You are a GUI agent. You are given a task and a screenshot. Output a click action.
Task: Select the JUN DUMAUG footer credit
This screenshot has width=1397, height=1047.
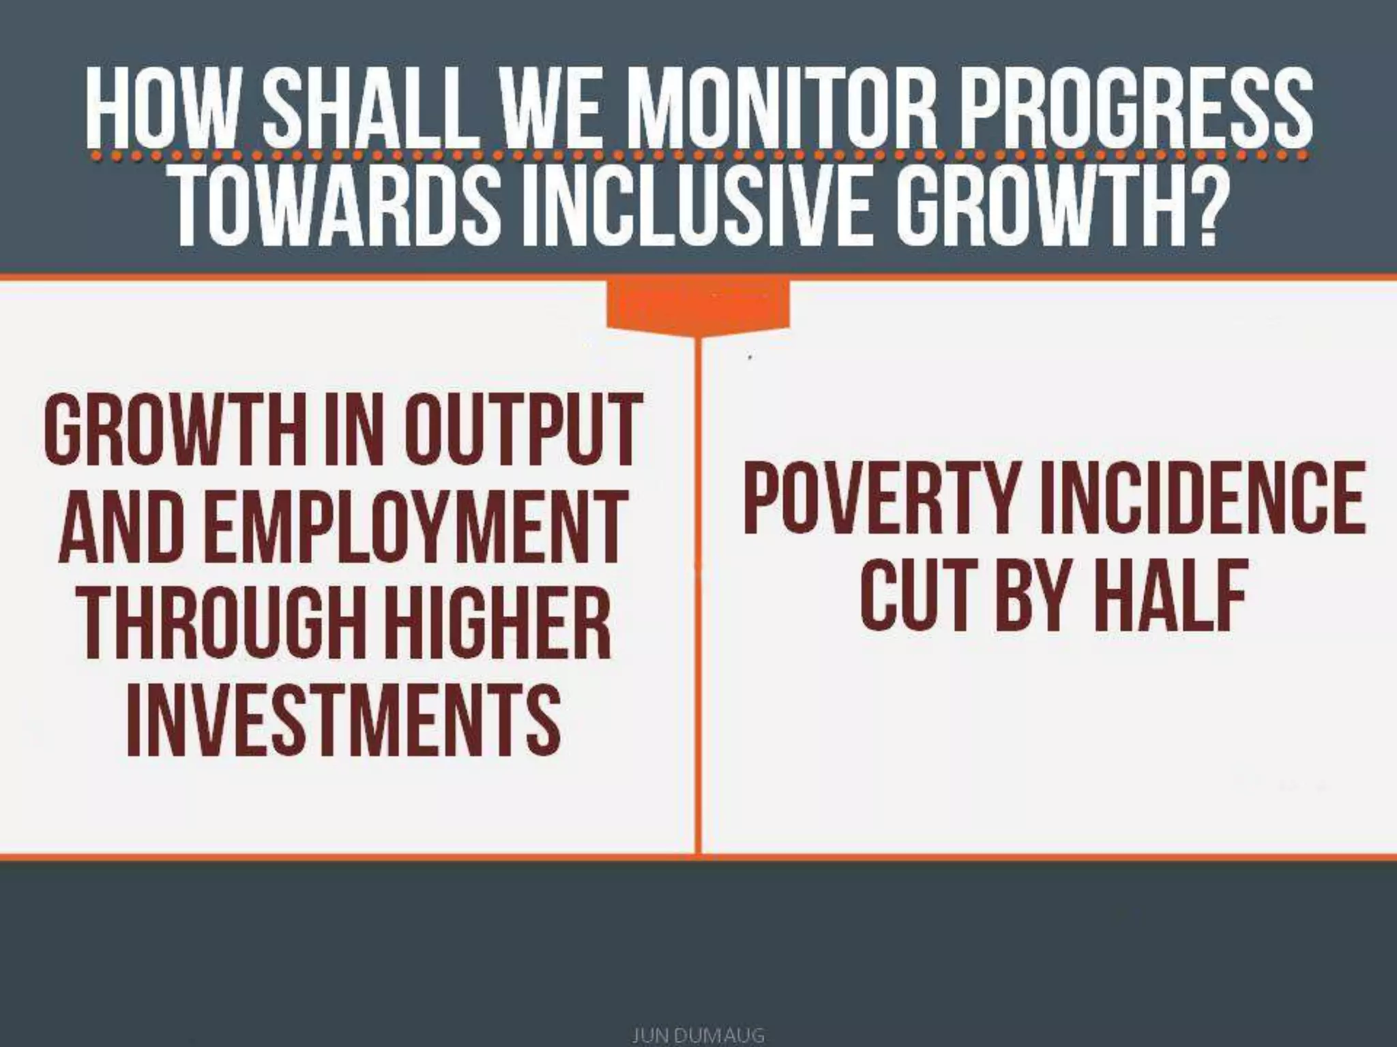pos(698,1035)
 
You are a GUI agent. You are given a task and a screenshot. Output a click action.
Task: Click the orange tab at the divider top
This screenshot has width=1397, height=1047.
pos(698,307)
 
